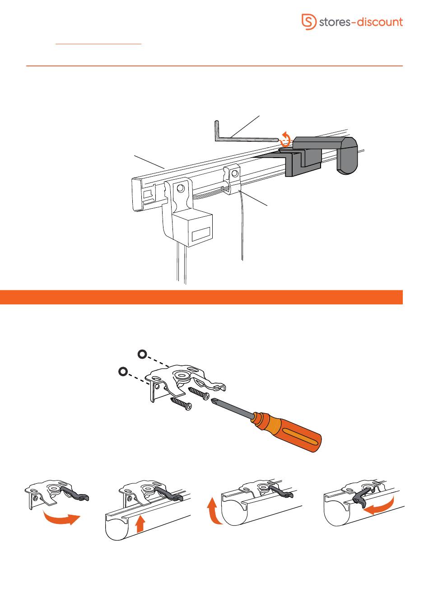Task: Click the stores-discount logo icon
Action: click(309, 22)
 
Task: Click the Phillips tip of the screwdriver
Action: click(214, 400)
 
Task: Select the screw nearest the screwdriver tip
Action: click(199, 392)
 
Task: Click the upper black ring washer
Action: click(142, 354)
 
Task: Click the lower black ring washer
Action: click(123, 371)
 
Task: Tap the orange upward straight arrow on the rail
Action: click(140, 524)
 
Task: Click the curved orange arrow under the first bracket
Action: click(62, 518)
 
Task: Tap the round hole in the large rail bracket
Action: click(180, 188)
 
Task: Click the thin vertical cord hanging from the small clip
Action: click(242, 225)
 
